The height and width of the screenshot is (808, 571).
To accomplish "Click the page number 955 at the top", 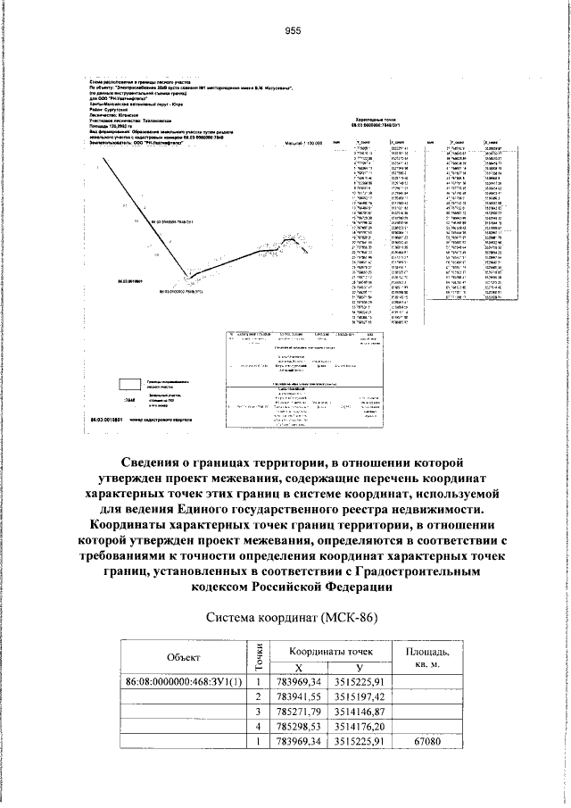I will point(293,30).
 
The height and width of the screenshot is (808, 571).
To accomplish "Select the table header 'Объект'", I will point(183,657).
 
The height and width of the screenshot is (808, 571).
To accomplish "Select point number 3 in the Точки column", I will point(259,712).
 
